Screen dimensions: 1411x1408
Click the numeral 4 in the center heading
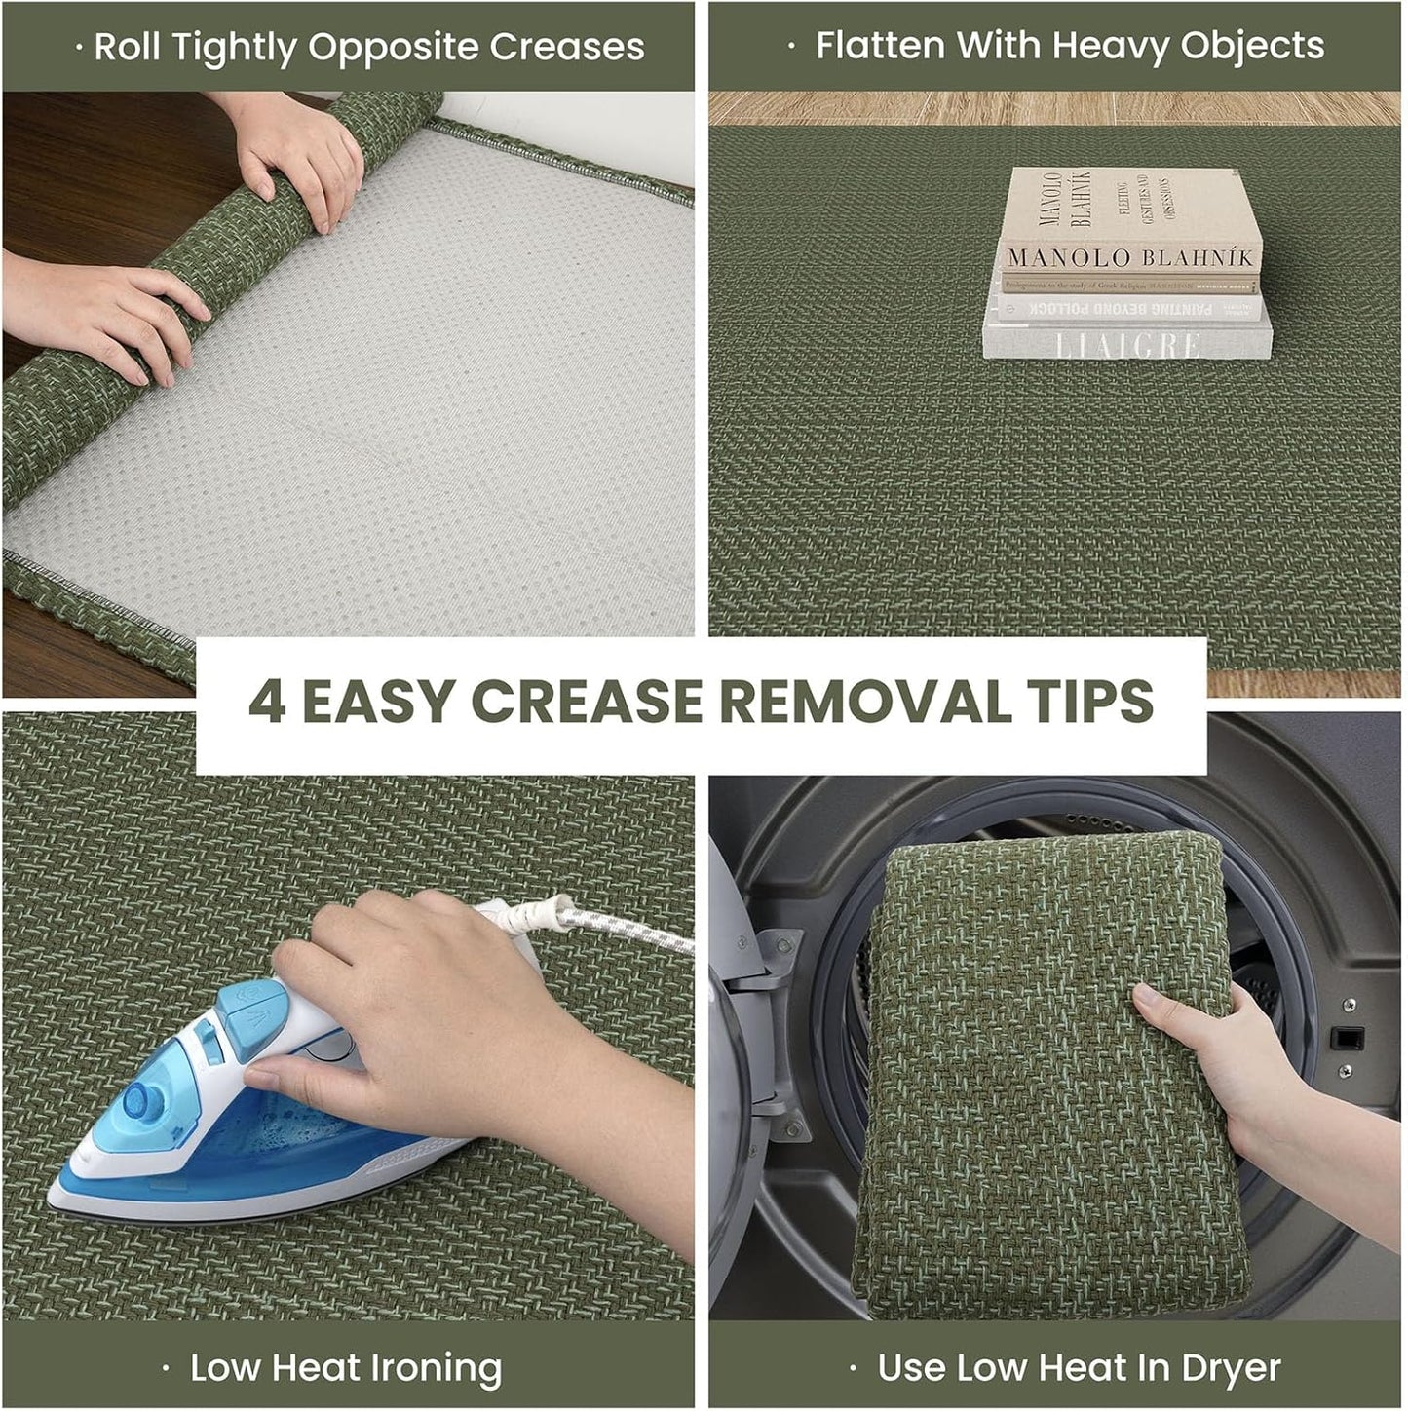267,701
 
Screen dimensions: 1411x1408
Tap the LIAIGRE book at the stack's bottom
1127,343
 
